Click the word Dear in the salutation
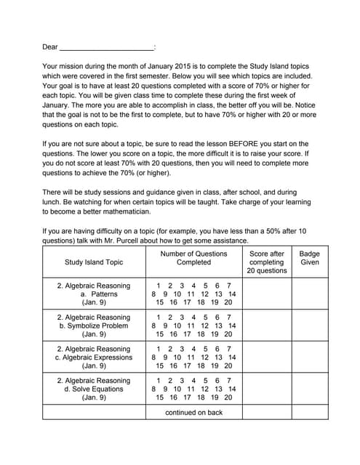[x=50, y=47]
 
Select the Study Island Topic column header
[x=94, y=262]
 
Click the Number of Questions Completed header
[x=193, y=258]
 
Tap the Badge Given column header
[x=309, y=258]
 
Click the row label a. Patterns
[x=94, y=294]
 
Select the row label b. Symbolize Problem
[x=94, y=325]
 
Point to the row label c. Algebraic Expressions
[x=94, y=357]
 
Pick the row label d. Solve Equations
[x=94, y=389]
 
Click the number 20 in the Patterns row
[x=228, y=302]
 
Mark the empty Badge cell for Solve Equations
[x=309, y=389]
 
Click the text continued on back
[x=193, y=412]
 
